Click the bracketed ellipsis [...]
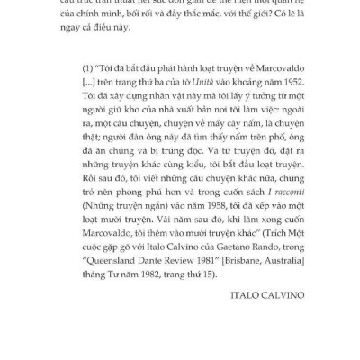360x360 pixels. point(87,94)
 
